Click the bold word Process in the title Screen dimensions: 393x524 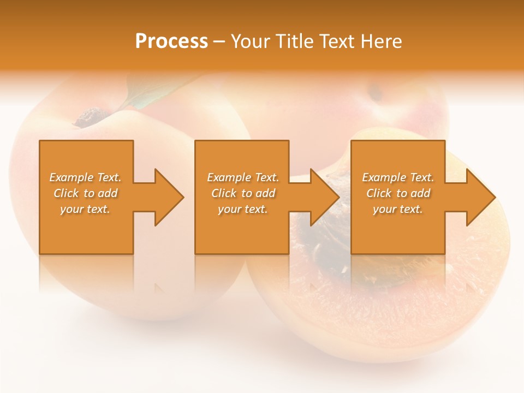(x=171, y=41)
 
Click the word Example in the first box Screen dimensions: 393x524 (x=71, y=177)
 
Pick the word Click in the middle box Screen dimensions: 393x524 (x=224, y=193)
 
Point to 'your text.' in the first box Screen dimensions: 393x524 (x=85, y=209)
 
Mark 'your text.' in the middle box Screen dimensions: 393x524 (x=242, y=209)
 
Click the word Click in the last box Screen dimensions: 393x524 (x=379, y=193)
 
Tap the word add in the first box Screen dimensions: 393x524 (x=108, y=193)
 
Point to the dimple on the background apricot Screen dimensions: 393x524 (x=376, y=93)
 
